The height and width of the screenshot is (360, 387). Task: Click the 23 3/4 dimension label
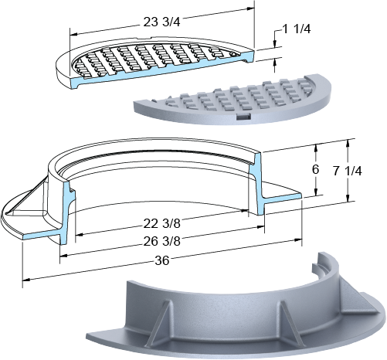(161, 22)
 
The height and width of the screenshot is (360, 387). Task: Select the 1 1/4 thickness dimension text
(297, 29)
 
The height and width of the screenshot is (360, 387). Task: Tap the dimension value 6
(315, 169)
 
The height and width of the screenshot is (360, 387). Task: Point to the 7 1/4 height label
(348, 171)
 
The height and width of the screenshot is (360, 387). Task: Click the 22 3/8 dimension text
(161, 224)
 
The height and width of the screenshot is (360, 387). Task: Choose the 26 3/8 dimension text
(161, 241)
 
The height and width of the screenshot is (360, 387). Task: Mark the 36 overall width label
(162, 261)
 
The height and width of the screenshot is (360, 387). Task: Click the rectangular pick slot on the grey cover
(243, 117)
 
